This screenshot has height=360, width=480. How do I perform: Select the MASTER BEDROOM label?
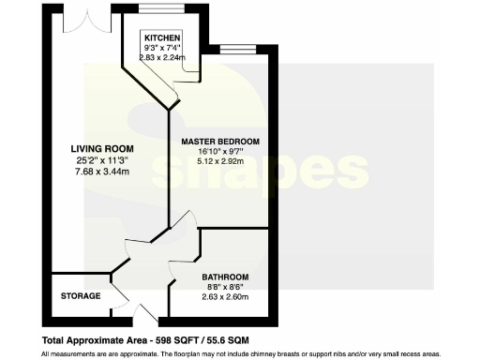220,141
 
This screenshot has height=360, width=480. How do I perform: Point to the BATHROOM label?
225,277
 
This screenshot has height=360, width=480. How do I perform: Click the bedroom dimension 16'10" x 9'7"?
220,150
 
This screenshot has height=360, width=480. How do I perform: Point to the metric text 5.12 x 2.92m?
220,160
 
